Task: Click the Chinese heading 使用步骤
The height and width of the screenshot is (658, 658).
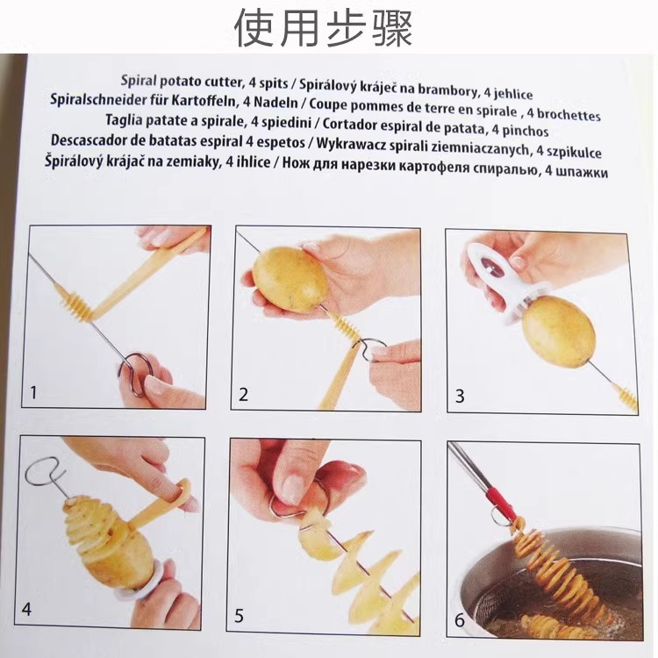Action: (324, 28)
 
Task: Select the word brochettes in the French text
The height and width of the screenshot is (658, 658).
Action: (569, 114)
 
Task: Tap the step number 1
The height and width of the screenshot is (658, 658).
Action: (33, 393)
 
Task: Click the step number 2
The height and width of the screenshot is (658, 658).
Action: (243, 395)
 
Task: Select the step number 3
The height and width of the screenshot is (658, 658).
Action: (460, 397)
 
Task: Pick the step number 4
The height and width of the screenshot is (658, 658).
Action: (26, 609)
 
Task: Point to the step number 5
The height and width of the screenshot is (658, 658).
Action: (239, 616)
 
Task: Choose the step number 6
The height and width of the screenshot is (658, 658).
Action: (461, 620)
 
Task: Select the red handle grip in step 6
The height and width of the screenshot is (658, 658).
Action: (501, 503)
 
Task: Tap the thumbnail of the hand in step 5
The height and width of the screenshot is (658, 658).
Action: (296, 483)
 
